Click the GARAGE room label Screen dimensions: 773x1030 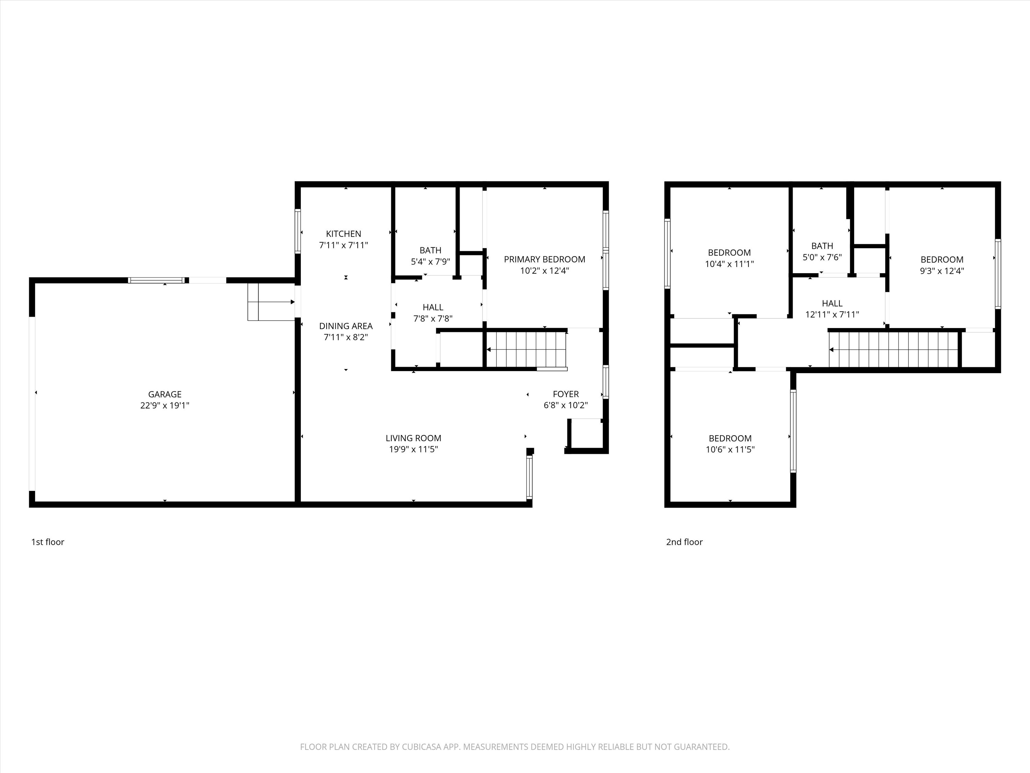coord(164,394)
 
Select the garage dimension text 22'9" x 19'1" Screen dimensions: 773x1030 coord(164,405)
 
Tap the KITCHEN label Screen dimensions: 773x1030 coord(343,234)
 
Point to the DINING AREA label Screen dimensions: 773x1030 coord(345,326)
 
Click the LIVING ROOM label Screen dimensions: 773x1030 coord(413,438)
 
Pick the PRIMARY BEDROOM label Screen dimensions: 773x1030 coord(544,259)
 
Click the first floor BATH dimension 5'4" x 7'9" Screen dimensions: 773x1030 coord(430,262)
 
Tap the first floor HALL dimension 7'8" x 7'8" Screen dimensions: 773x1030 coord(433,319)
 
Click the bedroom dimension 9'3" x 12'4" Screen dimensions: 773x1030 coord(941,271)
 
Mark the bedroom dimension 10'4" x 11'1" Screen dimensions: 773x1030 coord(729,264)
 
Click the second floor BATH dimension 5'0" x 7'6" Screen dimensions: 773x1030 coord(822,257)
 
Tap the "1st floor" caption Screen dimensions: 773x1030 coord(47,542)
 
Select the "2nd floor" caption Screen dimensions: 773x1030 coord(684,542)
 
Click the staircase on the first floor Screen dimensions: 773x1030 coord(526,349)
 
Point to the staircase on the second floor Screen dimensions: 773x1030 coord(893,349)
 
